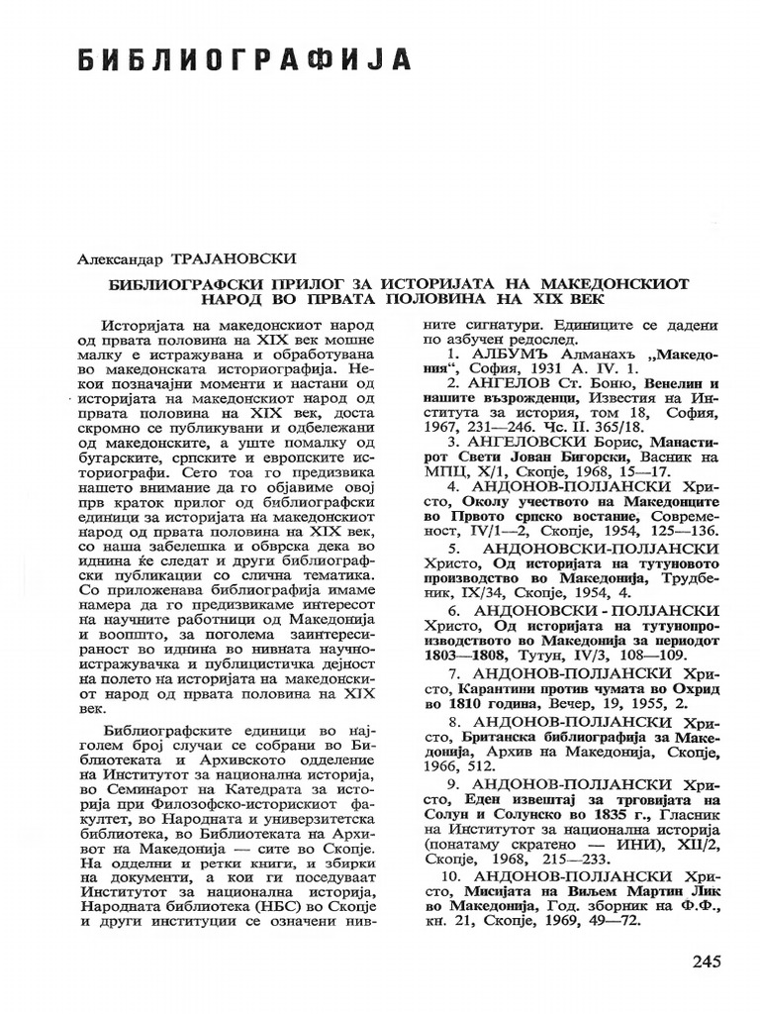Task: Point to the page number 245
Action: pyautogui.click(x=702, y=962)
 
